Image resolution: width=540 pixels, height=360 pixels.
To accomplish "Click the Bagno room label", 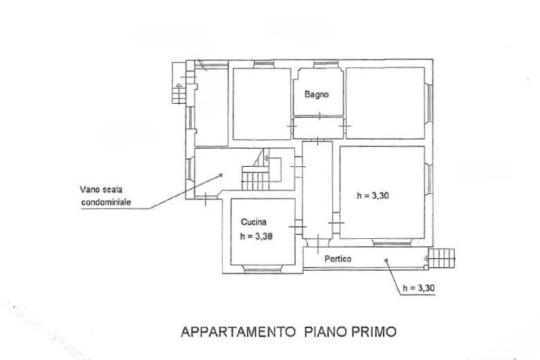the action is [316, 94].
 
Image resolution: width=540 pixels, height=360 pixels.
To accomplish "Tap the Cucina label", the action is [253, 222].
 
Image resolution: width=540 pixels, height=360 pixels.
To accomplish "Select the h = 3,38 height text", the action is [256, 236].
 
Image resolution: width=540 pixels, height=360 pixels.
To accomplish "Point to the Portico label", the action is [338, 259].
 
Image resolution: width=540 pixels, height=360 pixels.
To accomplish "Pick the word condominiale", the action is [106, 202].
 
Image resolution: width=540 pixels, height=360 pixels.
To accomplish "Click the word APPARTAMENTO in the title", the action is [238, 332].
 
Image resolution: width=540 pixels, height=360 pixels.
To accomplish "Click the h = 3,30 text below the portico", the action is [418, 288].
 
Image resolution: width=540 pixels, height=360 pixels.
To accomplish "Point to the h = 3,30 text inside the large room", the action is [373, 196].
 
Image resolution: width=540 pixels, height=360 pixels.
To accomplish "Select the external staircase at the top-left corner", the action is [179, 82].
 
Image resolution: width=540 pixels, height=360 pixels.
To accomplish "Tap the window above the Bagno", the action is [326, 64].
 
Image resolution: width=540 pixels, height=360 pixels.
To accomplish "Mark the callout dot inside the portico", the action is [386, 260].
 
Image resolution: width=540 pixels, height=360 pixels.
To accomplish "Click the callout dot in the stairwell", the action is [221, 175].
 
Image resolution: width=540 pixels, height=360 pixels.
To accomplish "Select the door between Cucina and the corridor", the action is [297, 226].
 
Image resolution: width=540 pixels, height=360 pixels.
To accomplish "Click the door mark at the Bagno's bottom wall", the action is [320, 116].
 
